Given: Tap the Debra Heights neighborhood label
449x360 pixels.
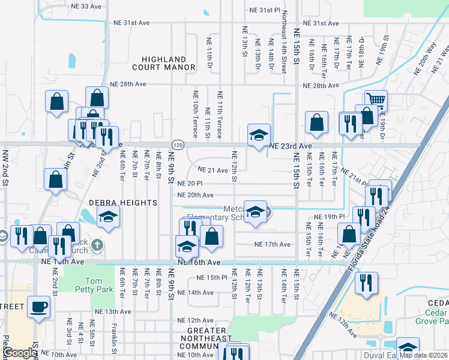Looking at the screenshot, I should [x=123, y=203].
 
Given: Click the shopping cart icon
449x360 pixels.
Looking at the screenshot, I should [x=376, y=100].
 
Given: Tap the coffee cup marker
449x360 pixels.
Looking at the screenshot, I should [x=39, y=306].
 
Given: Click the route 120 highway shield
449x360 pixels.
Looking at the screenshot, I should [x=177, y=145].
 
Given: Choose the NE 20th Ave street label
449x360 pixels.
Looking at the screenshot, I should [x=195, y=195].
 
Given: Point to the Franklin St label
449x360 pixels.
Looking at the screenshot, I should [x=114, y=339].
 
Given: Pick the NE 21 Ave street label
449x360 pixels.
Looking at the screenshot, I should [x=212, y=170].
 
